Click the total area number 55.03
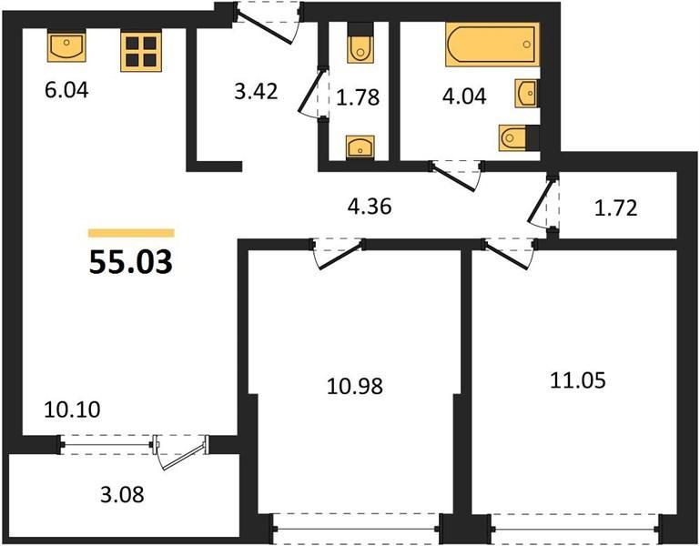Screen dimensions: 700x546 [x=131, y=262]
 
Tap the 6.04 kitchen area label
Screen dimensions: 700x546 [x=66, y=90]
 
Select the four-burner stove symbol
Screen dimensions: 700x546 [x=140, y=52]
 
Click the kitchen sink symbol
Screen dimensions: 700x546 [x=66, y=47]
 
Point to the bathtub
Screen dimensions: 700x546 [x=492, y=45]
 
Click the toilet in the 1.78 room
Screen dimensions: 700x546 [x=360, y=43]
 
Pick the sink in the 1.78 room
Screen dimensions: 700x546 [x=360, y=147]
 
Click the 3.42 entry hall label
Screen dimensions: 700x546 [x=257, y=91]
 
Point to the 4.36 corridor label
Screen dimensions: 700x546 [x=370, y=207]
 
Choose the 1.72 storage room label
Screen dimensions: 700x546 [x=616, y=208]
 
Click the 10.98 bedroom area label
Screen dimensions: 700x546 [x=355, y=386]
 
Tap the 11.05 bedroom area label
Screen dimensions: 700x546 [x=578, y=380]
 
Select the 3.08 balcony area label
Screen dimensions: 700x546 [x=122, y=495]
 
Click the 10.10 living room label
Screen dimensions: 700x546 [x=72, y=409]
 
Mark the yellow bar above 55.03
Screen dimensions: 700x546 [x=131, y=233]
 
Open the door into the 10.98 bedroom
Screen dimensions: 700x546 [x=338, y=256]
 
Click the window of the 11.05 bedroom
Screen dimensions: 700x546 [x=576, y=530]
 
